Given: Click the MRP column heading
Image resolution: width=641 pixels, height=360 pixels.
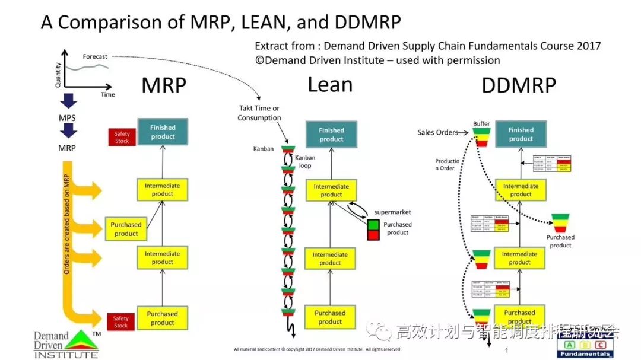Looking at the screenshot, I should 164,87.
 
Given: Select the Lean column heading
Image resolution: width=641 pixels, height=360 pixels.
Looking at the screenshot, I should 330,85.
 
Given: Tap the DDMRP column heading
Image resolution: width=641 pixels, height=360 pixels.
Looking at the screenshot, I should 519,87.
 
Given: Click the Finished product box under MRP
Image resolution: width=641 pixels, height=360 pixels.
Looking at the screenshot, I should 163,132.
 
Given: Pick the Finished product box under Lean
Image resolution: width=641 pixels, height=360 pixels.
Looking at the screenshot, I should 331,135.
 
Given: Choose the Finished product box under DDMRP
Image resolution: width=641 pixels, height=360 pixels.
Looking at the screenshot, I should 521,134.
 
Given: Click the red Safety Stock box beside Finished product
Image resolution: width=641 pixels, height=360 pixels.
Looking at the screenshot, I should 122,138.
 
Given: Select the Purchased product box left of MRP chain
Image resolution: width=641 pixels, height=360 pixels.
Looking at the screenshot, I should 126,229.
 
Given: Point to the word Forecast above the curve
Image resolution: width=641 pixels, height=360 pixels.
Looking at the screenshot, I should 95,57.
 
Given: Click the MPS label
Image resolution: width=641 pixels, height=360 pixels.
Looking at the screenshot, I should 66,118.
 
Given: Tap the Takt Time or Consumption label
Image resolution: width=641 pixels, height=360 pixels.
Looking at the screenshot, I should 259,113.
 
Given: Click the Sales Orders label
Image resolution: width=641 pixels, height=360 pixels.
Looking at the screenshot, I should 438,132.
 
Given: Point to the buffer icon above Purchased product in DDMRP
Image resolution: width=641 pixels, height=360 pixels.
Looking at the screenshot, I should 560,222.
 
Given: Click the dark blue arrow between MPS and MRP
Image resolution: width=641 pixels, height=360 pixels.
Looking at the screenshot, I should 66,132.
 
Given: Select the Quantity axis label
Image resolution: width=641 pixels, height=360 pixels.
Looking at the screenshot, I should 58,75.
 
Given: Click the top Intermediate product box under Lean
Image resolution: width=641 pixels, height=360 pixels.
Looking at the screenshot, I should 331,190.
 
